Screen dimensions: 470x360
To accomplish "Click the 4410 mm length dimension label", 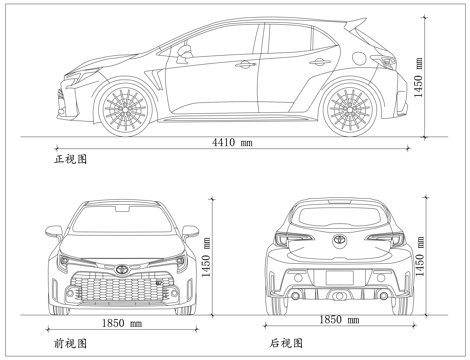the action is point(231,143).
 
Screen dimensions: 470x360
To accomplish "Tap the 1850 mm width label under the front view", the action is point(122,324).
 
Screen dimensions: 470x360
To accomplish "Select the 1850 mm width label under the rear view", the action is point(341,320).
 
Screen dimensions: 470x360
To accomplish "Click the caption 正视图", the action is point(72,159).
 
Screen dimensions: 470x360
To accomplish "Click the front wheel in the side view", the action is point(122,104).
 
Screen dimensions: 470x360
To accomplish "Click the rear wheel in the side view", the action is point(351,104).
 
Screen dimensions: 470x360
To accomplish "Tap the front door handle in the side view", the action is point(243,65).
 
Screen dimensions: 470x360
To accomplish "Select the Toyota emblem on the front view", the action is point(121,269).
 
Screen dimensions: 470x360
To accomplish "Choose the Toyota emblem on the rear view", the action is point(340,240).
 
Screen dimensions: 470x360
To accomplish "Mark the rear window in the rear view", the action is point(340,215).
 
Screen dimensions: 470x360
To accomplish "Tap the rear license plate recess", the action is point(340,276).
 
